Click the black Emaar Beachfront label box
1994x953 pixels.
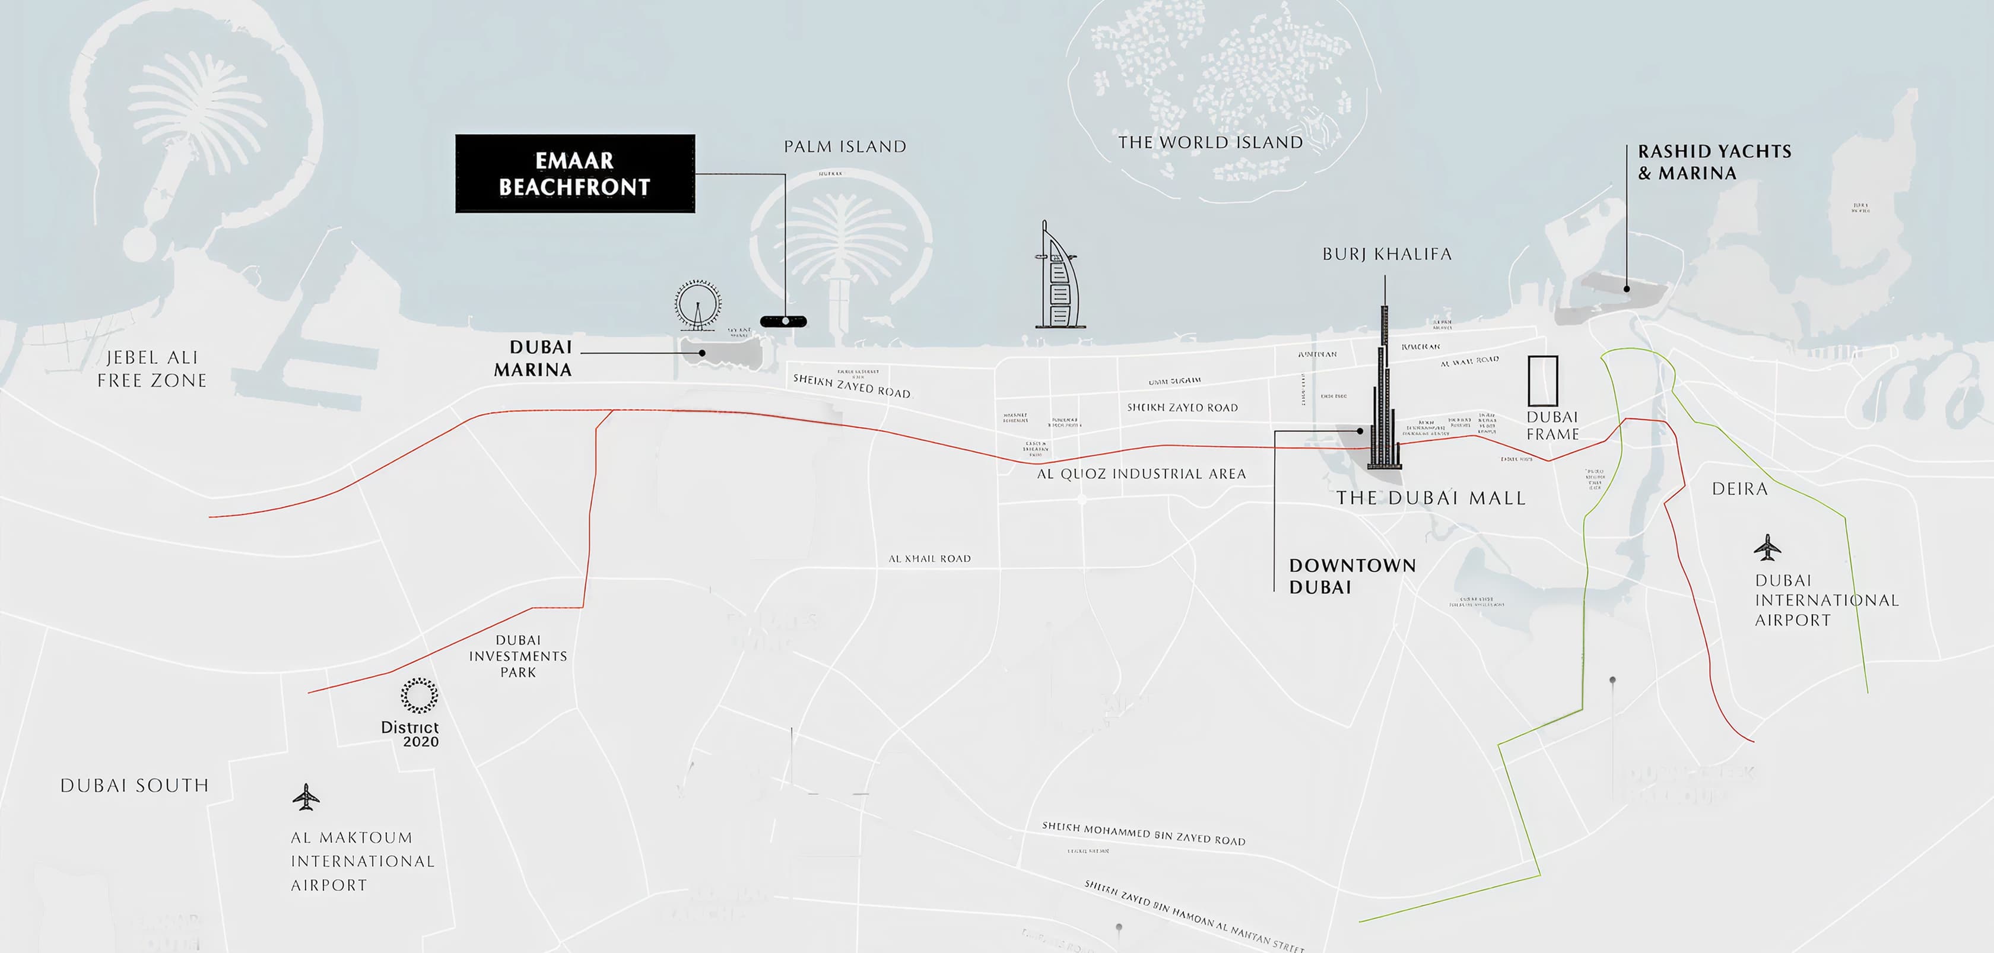[x=574, y=173]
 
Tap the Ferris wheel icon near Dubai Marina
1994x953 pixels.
[x=697, y=305]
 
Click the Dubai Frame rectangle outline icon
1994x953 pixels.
[x=1542, y=381]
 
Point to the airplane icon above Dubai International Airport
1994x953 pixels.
[x=1767, y=547]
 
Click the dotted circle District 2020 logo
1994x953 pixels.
[x=419, y=695]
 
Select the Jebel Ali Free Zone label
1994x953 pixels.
[x=152, y=369]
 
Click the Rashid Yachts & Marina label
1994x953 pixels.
[x=1714, y=162]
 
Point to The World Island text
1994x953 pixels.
[x=1211, y=142]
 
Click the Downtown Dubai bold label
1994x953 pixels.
[x=1351, y=576]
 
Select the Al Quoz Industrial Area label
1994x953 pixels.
[x=1141, y=474]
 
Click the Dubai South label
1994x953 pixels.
[x=135, y=786]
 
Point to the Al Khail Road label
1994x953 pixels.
[x=929, y=558]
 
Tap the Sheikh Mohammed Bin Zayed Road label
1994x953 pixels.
[x=1144, y=834]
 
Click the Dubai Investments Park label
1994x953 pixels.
[x=518, y=656]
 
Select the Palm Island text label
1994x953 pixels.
[x=844, y=147]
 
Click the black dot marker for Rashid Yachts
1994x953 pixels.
[x=1626, y=289]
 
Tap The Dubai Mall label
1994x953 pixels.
[x=1430, y=498]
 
